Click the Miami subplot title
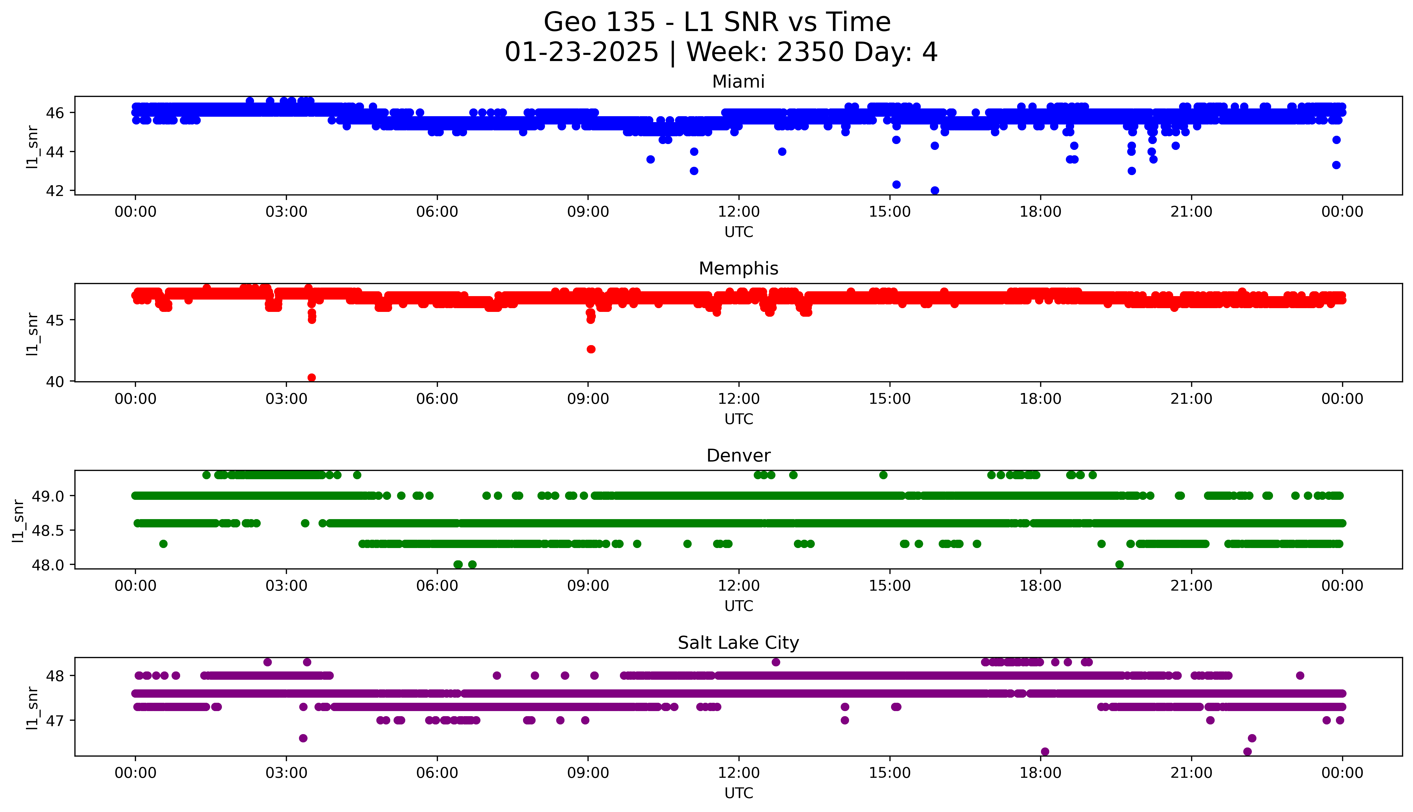click(738, 82)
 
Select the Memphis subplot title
click(738, 269)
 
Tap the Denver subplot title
click(738, 456)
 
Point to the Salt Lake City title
click(738, 643)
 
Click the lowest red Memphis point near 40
click(312, 377)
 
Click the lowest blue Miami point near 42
click(935, 190)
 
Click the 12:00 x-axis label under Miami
click(738, 212)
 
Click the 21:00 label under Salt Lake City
click(1191, 773)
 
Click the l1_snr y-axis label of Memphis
click(32, 334)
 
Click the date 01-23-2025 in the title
click(581, 52)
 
